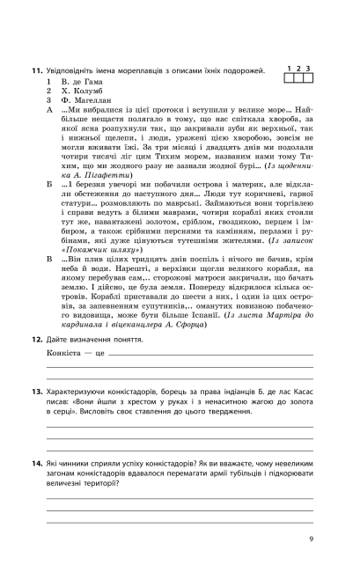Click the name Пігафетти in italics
(94, 167)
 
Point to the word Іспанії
(196, 292)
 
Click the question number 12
(35, 314)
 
